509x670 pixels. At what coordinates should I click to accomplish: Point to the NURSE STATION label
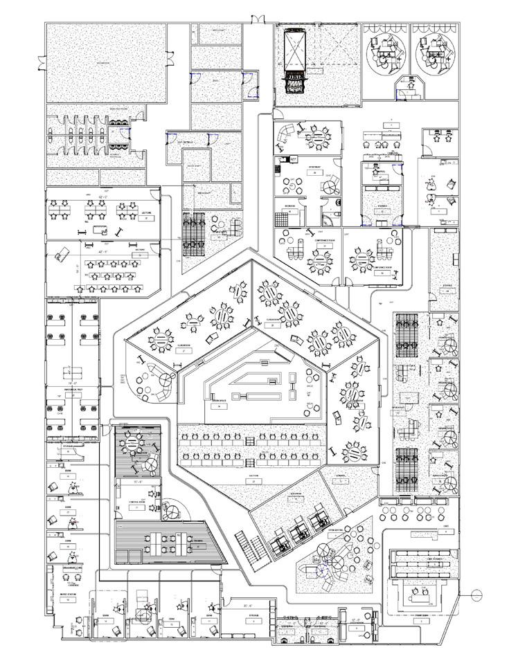click(x=67, y=594)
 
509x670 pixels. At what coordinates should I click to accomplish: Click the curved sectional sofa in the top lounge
click(x=284, y=134)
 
